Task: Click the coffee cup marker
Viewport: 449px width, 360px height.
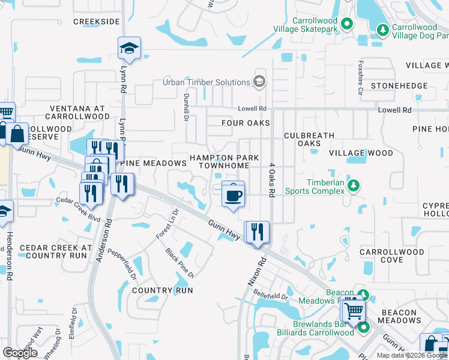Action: (233, 194)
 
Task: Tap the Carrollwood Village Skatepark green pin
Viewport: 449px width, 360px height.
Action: (346, 24)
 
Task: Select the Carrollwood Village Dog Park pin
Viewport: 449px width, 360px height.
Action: (382, 29)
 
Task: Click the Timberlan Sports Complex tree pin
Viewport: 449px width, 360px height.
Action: (354, 185)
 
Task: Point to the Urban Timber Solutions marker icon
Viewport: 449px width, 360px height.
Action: (259, 82)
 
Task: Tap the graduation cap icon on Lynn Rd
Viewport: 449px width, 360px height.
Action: (128, 48)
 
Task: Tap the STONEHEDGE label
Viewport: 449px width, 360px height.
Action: (399, 86)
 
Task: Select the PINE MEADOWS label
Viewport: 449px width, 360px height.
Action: (154, 163)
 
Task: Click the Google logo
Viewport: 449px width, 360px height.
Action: (20, 353)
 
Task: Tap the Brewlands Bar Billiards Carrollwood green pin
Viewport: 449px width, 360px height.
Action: (363, 328)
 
